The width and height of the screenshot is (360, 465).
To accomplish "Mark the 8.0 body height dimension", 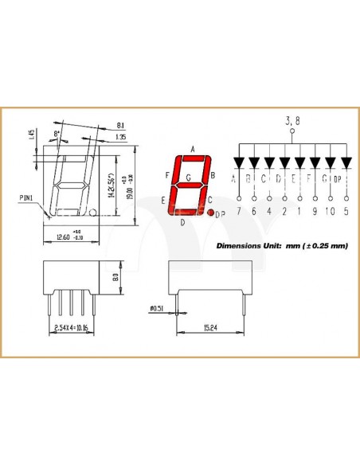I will (115, 278).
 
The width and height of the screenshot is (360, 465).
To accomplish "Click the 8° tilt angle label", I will (57, 133).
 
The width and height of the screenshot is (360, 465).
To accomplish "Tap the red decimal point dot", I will (211, 213).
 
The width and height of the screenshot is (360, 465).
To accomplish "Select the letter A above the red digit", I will (193, 149).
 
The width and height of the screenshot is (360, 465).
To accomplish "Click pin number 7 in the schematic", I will (237, 211).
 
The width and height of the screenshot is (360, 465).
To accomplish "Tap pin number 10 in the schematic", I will (330, 211).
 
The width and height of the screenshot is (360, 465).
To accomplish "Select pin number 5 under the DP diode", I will (346, 211).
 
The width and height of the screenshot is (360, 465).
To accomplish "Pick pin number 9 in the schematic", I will (315, 211).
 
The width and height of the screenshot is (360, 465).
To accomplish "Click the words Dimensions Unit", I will (248, 246).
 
